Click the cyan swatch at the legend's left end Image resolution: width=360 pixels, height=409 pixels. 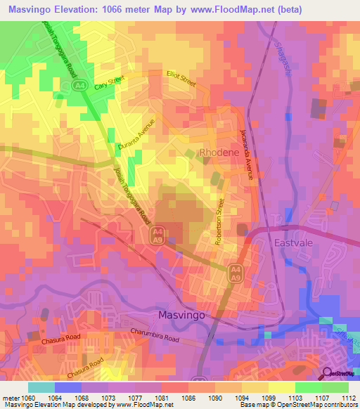(41, 387)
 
